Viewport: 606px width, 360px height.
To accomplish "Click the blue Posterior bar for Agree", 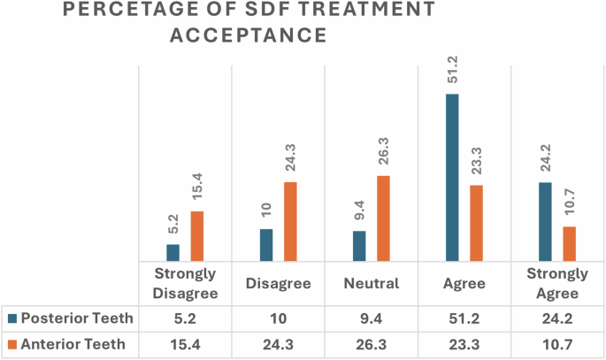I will [x=452, y=177].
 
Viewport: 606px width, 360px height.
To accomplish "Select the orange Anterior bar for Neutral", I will [x=383, y=218].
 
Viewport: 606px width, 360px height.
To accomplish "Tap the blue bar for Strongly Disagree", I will [x=173, y=252].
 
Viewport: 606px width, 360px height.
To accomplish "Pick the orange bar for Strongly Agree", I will [x=569, y=243].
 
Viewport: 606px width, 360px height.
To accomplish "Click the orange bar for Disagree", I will [x=290, y=221].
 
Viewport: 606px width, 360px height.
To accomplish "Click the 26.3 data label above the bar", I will [x=383, y=151].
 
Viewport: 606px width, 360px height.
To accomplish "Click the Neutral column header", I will [x=371, y=284].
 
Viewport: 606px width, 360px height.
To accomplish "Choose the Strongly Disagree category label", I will [x=185, y=284].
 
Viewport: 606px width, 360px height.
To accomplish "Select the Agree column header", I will [x=464, y=284].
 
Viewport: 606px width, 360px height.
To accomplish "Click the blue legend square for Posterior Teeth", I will [x=11, y=318].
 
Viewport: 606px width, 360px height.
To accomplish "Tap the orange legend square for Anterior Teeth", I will [x=11, y=344].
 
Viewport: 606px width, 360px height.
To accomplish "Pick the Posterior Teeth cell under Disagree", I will [x=278, y=318].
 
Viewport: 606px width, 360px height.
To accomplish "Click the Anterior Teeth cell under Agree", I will [x=464, y=344].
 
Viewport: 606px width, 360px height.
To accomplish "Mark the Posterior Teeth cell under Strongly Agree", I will [x=556, y=318].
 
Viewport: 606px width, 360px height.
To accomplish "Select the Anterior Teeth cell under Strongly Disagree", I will [x=185, y=344].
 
